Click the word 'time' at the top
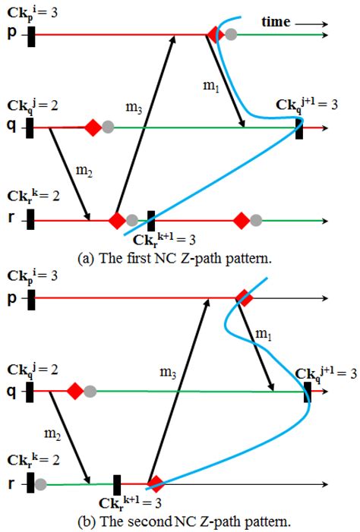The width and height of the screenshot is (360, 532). click(x=275, y=22)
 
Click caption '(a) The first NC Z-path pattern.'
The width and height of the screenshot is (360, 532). click(x=180, y=258)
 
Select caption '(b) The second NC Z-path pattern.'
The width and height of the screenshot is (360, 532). click(x=180, y=521)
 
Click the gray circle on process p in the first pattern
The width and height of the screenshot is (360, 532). click(x=231, y=34)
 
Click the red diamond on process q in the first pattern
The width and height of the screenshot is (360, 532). click(x=93, y=127)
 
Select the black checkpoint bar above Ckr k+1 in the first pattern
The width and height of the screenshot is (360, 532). click(x=150, y=220)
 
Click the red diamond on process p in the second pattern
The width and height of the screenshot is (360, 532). click(x=244, y=298)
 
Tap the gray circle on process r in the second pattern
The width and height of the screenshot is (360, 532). click(x=40, y=483)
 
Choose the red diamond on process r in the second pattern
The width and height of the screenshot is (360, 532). click(x=155, y=483)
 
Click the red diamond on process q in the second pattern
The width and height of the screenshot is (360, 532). click(x=75, y=392)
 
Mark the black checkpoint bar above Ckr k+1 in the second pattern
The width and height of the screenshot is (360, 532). click(x=118, y=483)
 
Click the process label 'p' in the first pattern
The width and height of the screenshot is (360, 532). click(x=12, y=34)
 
